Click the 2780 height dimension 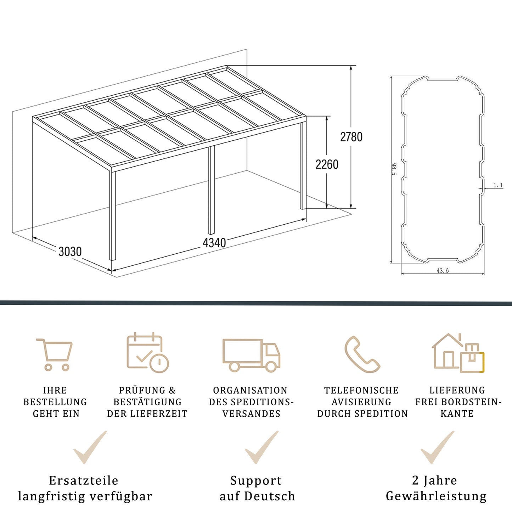point(351,137)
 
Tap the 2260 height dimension point(327,164)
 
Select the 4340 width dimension point(214,243)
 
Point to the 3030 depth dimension point(70,252)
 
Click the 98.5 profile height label point(394,169)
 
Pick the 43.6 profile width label point(443,271)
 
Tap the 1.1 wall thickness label point(498,185)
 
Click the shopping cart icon point(55,354)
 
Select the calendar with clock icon point(147,353)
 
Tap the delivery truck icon point(251,355)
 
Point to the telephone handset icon point(362,354)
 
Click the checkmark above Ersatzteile point(90,447)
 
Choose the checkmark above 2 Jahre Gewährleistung point(437,447)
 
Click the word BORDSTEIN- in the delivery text point(471,402)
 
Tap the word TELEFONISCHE point(361,390)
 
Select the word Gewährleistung point(436,496)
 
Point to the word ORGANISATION point(250,390)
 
